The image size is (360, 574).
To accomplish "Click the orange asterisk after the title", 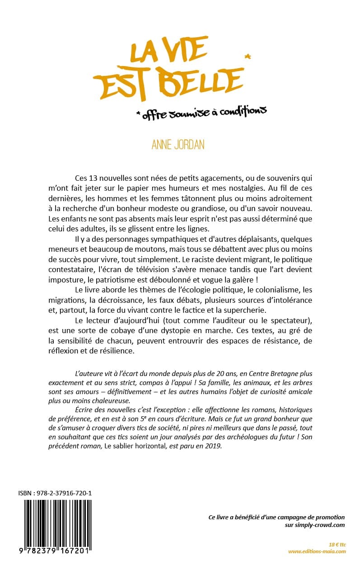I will point(247,57).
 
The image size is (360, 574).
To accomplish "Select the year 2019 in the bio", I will point(214,446).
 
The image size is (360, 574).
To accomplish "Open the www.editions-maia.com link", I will point(317,551).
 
